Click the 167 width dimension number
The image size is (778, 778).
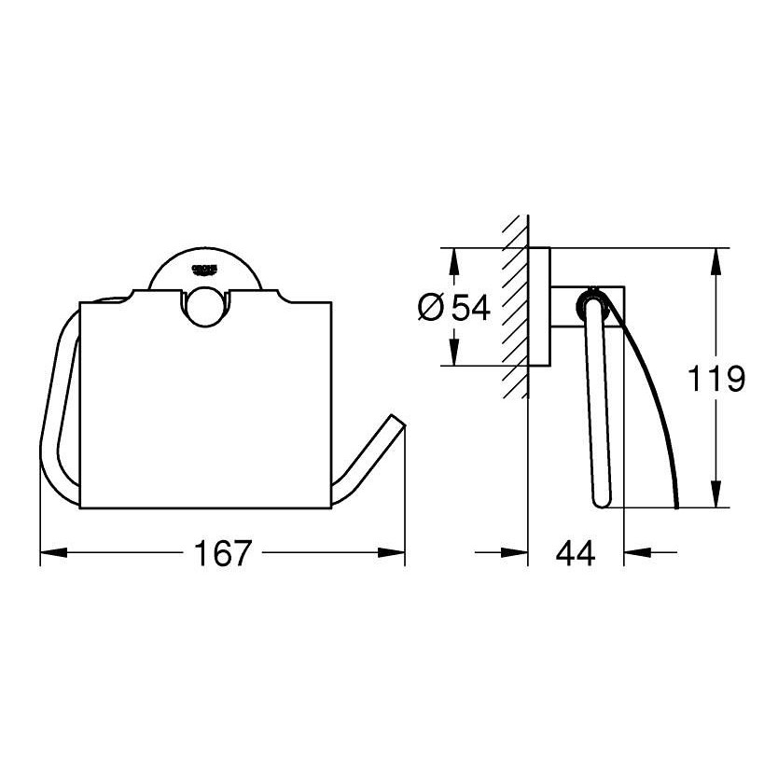[223, 553]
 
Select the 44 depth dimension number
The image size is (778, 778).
[575, 553]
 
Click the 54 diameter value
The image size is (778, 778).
[470, 307]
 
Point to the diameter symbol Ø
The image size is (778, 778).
[431, 307]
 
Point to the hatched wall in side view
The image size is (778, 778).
[514, 307]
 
